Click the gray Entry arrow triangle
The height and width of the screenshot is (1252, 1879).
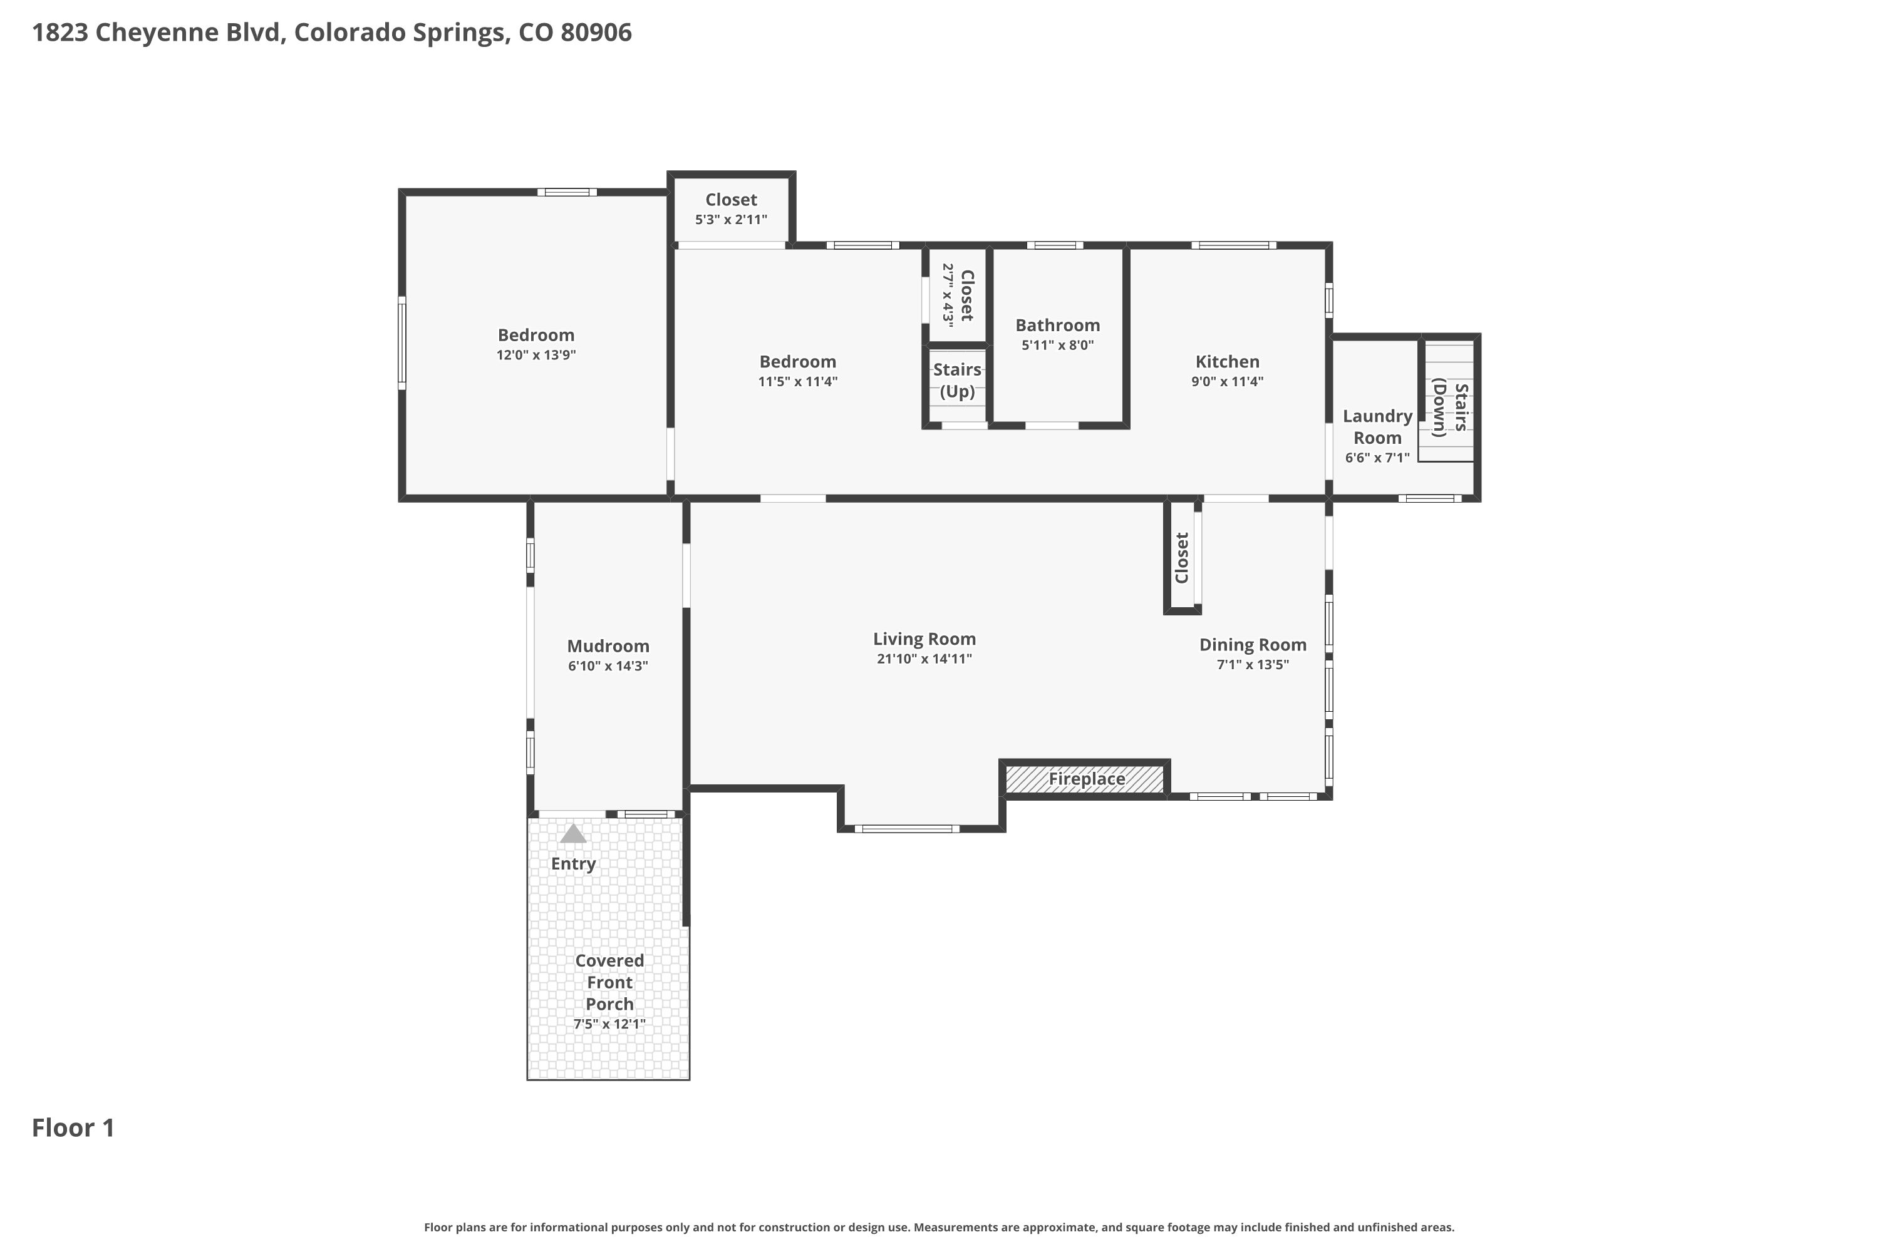(573, 834)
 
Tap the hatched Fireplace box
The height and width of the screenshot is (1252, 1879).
(1085, 779)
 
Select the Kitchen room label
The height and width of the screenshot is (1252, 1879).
(1227, 362)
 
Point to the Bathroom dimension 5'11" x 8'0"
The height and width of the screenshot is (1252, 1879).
(1058, 345)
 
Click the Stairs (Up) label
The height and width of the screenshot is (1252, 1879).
(957, 380)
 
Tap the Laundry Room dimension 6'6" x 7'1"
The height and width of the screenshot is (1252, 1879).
(1377, 458)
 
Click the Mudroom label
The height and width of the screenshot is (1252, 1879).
(608, 646)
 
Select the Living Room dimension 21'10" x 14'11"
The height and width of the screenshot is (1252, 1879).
(924, 659)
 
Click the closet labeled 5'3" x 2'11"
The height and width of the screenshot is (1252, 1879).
(731, 208)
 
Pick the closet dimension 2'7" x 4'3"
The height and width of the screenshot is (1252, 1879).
(948, 295)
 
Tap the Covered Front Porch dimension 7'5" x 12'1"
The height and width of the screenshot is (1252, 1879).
(609, 1024)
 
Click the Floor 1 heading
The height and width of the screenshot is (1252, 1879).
(73, 1127)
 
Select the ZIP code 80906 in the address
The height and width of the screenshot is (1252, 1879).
(596, 33)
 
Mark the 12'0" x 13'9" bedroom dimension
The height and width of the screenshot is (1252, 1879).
(536, 354)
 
